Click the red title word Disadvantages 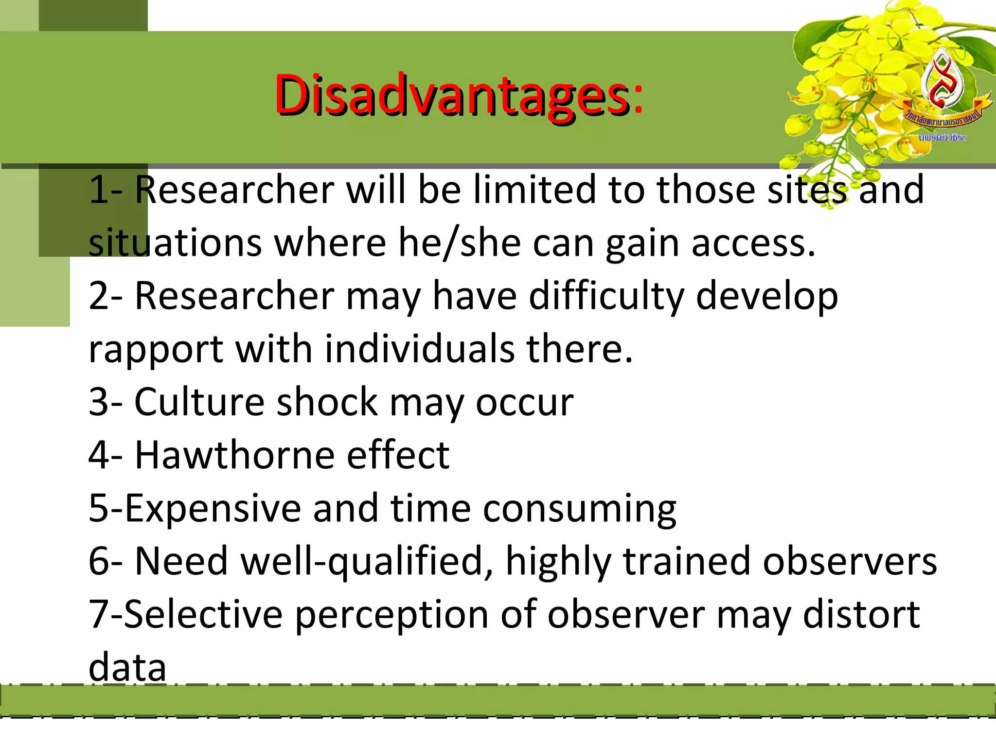point(452,95)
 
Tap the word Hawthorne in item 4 point(234,455)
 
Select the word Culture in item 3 point(199,402)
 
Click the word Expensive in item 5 point(213,508)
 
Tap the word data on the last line point(127,668)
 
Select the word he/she point(460,243)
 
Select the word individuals point(420,349)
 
